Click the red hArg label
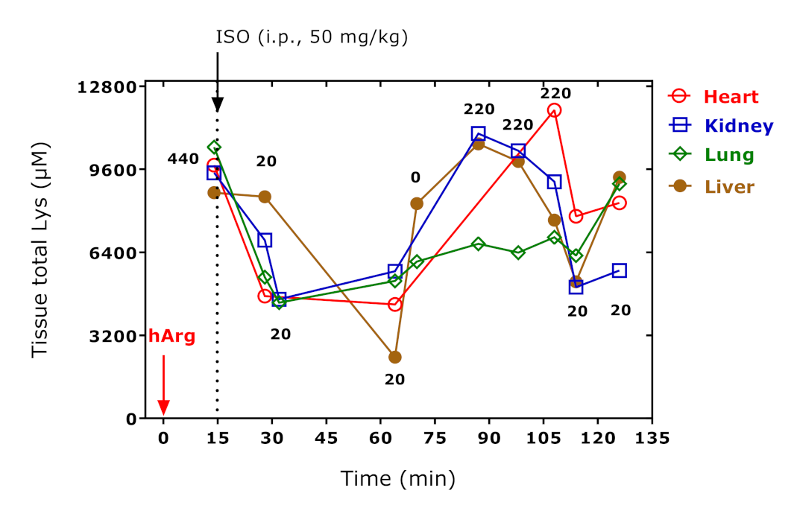pos(171,336)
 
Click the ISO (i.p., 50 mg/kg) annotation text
pos(312,38)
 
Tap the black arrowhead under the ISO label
pos(217,104)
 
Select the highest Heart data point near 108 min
pos(554,110)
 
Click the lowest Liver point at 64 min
pos(394,357)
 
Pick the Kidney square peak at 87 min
pos(478,133)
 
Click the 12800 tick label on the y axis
pos(107,86)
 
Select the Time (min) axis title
pos(397,478)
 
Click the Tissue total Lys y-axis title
pos(40,251)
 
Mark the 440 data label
pos(183,159)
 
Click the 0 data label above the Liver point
pos(415,177)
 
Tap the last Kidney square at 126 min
pos(619,270)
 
